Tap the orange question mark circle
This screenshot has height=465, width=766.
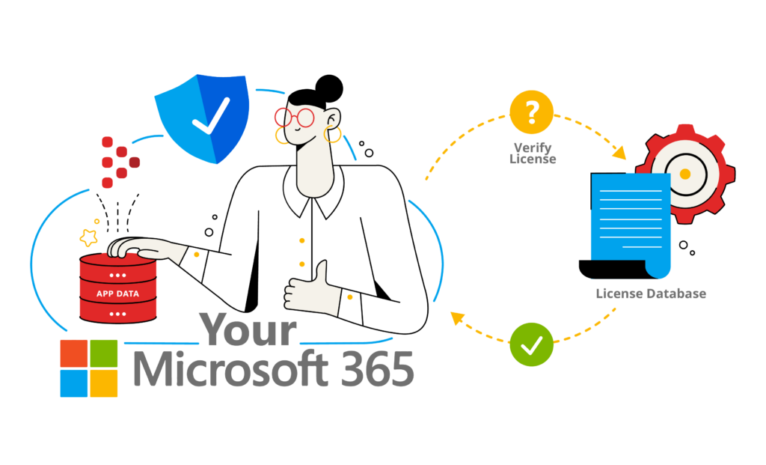pyautogui.click(x=532, y=112)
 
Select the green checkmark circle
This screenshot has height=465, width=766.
pyautogui.click(x=532, y=344)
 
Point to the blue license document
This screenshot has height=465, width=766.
pyautogui.click(x=628, y=225)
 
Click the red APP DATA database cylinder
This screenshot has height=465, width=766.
pyautogui.click(x=117, y=288)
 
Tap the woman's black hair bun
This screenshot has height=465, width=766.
pyautogui.click(x=329, y=88)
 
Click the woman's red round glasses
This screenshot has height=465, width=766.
pyautogui.click(x=295, y=118)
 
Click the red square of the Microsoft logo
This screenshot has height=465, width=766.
pyautogui.click(x=74, y=353)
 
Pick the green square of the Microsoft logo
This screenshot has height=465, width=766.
pyautogui.click(x=103, y=353)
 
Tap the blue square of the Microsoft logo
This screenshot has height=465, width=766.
pyautogui.click(x=74, y=383)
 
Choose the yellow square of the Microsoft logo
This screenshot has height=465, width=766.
pyautogui.click(x=103, y=383)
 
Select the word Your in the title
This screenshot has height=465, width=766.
pyautogui.click(x=248, y=329)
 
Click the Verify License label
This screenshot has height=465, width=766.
pyautogui.click(x=533, y=153)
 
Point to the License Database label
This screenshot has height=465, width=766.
pyautogui.click(x=651, y=294)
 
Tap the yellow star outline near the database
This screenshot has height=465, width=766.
pyautogui.click(x=89, y=237)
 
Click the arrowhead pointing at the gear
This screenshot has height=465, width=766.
pyautogui.click(x=619, y=152)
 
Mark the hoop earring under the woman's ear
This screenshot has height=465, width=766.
pyautogui.click(x=332, y=134)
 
